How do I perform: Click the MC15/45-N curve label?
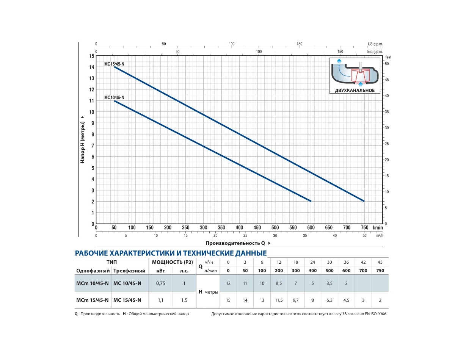(x=114, y=64)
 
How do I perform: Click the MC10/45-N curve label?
(x=114, y=97)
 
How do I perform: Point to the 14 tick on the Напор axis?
(x=92, y=67)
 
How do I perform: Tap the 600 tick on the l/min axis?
(x=311, y=228)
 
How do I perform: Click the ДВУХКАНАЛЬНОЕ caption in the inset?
(x=355, y=90)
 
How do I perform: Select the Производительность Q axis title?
(x=235, y=243)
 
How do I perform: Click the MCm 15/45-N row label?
(x=93, y=300)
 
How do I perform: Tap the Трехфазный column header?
(x=129, y=271)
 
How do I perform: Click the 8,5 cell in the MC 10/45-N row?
(x=279, y=283)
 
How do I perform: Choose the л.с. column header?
(x=184, y=271)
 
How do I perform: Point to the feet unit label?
(x=388, y=57)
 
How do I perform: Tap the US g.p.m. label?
(x=375, y=44)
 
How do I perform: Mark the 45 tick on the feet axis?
(x=387, y=80)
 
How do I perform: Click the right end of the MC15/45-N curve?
(x=364, y=201)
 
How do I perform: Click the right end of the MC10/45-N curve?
(x=311, y=201)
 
